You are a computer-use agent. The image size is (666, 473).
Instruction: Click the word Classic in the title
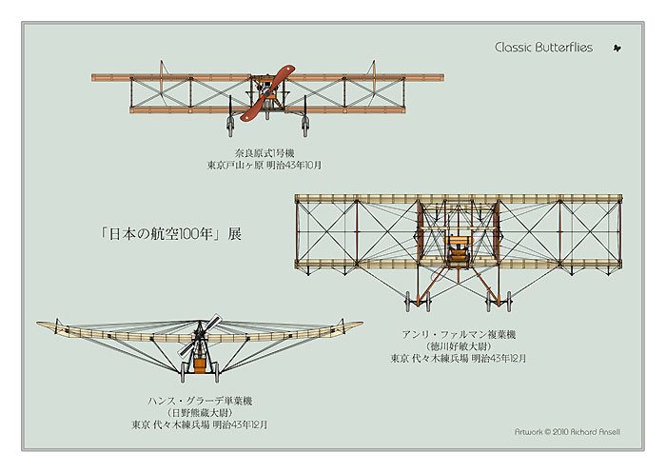coord(516,48)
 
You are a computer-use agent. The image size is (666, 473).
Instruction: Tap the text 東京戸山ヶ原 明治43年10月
coord(264,165)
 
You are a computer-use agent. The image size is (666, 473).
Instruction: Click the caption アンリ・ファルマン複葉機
coord(458,334)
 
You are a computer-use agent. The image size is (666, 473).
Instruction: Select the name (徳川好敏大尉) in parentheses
coord(458,346)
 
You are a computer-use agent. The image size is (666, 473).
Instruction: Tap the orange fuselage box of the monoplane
coord(200,362)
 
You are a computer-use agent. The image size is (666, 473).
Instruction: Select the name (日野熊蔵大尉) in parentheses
coord(200,412)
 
